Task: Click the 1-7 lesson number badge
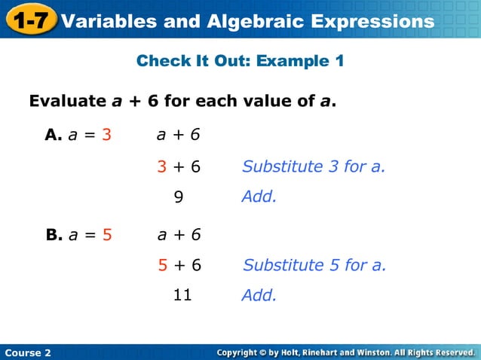click(x=29, y=20)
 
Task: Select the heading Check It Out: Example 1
click(x=240, y=61)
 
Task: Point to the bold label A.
click(x=53, y=135)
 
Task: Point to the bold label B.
click(x=54, y=234)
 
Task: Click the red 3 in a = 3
click(x=107, y=135)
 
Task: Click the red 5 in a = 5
click(x=107, y=234)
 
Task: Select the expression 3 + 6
click(x=179, y=166)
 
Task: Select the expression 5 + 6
click(x=179, y=265)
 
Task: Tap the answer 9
click(x=179, y=197)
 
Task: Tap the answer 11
click(x=182, y=295)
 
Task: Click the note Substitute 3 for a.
click(x=314, y=166)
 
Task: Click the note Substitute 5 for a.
click(x=314, y=265)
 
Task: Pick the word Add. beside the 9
click(x=259, y=197)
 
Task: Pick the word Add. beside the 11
click(x=259, y=296)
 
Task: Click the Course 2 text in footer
click(x=28, y=352)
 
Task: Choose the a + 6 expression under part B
click(x=179, y=234)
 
